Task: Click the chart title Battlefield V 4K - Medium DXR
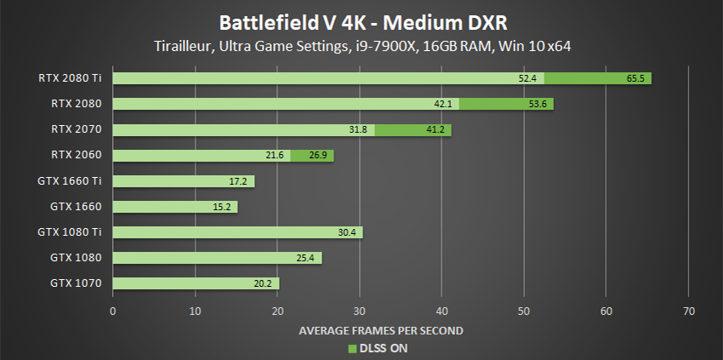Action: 361,20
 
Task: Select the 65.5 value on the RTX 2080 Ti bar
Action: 636,78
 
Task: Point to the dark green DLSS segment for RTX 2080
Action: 506,104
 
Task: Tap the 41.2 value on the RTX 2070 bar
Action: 436,129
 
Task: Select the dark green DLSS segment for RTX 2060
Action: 312,155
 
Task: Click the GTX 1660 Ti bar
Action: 183,180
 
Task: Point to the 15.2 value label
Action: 225,206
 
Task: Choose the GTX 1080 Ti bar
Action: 237,231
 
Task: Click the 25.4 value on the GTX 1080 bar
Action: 308,257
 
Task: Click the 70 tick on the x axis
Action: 688,311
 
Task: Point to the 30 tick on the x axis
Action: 360,311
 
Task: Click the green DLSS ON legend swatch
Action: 351,347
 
